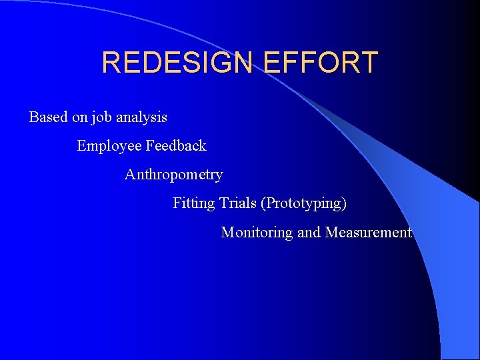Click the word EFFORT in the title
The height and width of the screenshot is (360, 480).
coord(321,63)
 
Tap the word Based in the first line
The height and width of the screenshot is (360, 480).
coord(49,117)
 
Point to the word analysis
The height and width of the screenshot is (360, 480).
coord(141,118)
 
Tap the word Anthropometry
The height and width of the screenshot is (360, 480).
coord(173,175)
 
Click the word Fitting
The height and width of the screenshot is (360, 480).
coord(193,203)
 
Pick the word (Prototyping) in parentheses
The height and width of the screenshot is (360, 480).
coord(304,203)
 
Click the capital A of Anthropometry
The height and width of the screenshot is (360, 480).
coord(130,175)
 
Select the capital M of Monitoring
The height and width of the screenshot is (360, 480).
coord(227,233)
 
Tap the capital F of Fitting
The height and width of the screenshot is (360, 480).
coord(177,203)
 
